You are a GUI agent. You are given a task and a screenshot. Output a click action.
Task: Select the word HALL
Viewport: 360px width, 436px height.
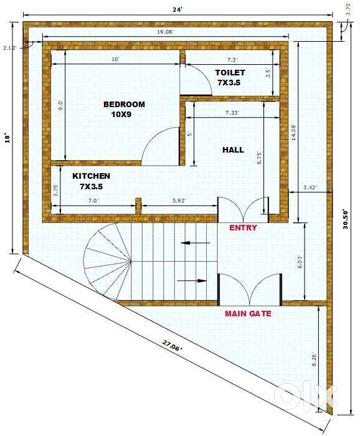(x=233, y=150)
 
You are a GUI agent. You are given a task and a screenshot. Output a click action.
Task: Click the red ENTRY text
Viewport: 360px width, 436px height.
(x=243, y=228)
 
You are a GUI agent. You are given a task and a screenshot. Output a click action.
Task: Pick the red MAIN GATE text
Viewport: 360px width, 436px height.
(x=248, y=314)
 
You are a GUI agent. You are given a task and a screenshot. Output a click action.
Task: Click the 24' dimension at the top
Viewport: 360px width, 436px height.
(x=178, y=10)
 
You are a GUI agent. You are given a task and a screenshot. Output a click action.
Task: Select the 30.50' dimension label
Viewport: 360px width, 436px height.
(x=346, y=219)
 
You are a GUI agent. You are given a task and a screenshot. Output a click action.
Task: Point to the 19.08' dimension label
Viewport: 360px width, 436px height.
(x=166, y=32)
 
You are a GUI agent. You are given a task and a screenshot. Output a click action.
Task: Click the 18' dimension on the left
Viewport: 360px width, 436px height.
(x=8, y=138)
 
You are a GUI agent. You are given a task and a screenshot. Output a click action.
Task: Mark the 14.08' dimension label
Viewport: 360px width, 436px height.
(x=293, y=133)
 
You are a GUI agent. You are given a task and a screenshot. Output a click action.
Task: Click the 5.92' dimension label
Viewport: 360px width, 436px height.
(x=179, y=201)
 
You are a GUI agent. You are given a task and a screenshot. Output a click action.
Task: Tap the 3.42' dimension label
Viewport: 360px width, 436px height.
(x=310, y=187)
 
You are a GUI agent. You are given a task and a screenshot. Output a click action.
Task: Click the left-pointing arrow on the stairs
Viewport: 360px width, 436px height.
(x=196, y=243)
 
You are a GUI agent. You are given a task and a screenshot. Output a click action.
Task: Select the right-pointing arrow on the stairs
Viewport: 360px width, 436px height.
(x=192, y=280)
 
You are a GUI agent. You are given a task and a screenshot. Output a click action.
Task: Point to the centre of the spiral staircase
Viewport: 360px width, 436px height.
(x=131, y=261)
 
